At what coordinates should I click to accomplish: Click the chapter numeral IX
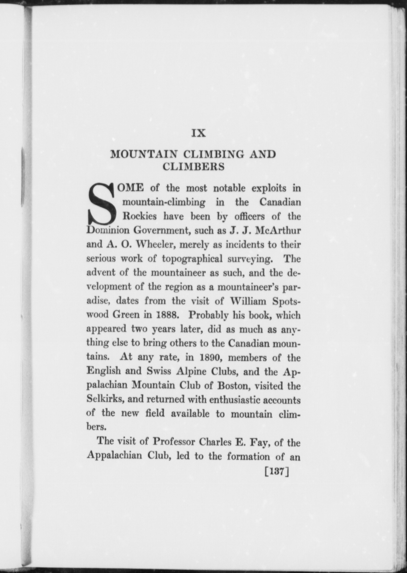pos(198,133)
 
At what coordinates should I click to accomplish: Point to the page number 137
pos(276,472)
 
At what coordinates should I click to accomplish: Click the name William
pos(248,301)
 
